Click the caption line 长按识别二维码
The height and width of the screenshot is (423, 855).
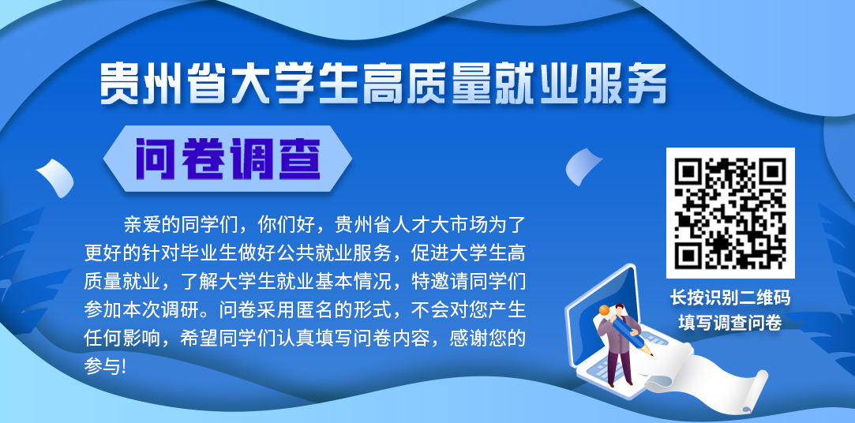730,298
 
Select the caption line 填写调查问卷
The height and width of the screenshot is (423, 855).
730,322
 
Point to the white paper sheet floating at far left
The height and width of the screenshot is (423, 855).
55,177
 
